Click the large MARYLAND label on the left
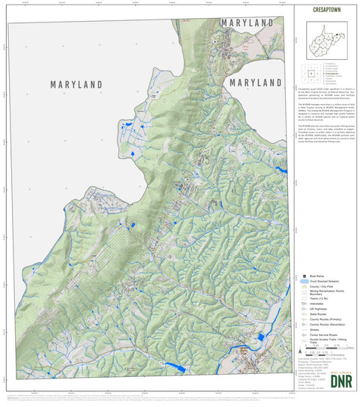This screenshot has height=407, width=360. (76, 85)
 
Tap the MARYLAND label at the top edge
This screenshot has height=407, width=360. (247, 23)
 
